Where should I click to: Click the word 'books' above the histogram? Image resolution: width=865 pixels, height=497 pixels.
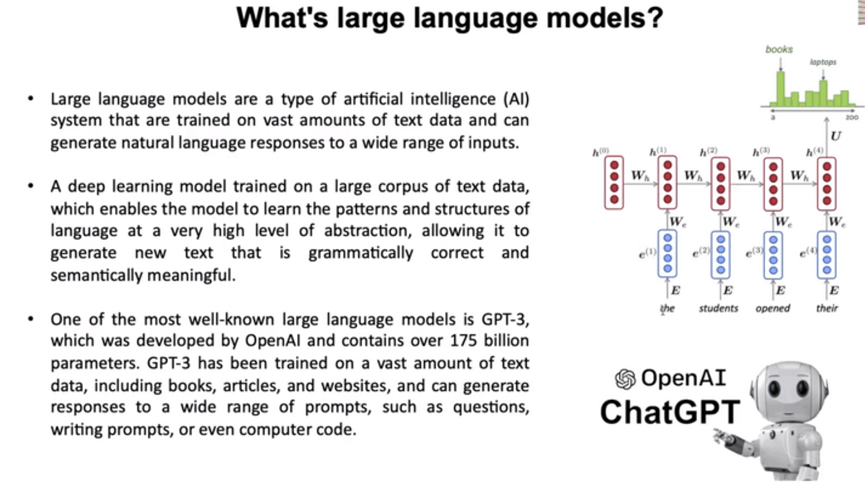pos(779,50)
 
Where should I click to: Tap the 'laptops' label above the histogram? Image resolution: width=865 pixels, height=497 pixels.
pos(823,62)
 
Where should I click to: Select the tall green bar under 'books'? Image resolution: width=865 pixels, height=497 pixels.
pos(780,89)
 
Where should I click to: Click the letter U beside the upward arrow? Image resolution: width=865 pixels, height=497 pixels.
pos(836,136)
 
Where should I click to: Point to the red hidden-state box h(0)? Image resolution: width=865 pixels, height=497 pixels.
pos(614,183)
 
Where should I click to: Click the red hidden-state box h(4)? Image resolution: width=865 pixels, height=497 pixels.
pos(827,184)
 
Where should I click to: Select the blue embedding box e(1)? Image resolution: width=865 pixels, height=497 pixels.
pos(668,253)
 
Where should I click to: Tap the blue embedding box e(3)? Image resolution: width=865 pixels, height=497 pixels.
pos(773,255)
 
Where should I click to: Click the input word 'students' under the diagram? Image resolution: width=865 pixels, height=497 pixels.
pos(718,308)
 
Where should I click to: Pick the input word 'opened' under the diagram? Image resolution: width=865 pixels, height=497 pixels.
pos(773,309)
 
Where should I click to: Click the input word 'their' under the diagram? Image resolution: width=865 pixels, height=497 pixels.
pos(827,308)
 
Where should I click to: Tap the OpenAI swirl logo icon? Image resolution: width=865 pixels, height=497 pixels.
pos(625,378)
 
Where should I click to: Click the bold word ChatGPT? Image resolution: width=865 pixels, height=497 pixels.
pos(670,412)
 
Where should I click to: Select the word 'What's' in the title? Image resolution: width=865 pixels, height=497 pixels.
pos(282,18)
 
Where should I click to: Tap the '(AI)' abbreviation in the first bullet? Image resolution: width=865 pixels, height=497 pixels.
pos(516,99)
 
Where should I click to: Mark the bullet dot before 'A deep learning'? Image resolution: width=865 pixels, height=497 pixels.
pos(31,187)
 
